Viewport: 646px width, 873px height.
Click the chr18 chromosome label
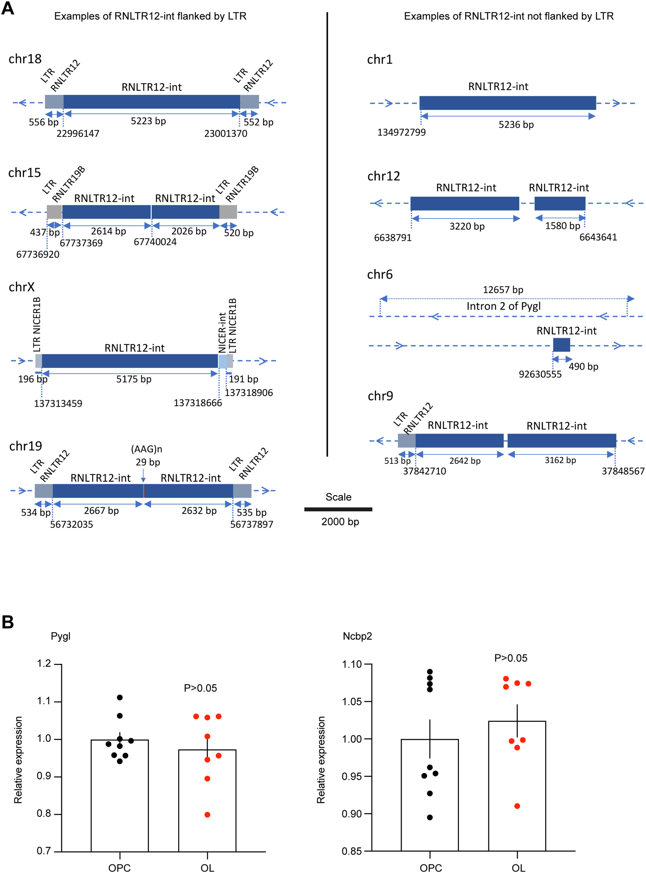[x=25, y=59]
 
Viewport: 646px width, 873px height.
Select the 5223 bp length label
[x=148, y=121]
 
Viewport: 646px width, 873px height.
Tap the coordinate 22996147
[x=78, y=134]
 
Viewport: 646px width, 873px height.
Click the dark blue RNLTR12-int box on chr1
[x=508, y=103]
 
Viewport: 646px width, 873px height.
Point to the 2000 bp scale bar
[x=338, y=509]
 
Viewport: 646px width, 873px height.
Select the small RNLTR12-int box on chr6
[x=561, y=345]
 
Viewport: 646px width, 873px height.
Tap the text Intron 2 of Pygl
[x=503, y=306]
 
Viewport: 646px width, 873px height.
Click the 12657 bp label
[x=503, y=290]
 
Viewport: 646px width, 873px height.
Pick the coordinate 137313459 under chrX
[x=58, y=403]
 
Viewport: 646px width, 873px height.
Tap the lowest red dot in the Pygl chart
[x=207, y=815]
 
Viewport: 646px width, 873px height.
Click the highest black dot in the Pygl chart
[x=120, y=698]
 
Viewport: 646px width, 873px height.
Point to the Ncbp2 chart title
[x=357, y=636]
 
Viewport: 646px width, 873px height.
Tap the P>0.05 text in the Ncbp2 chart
[x=511, y=658]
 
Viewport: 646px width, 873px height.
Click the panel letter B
[x=8, y=622]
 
